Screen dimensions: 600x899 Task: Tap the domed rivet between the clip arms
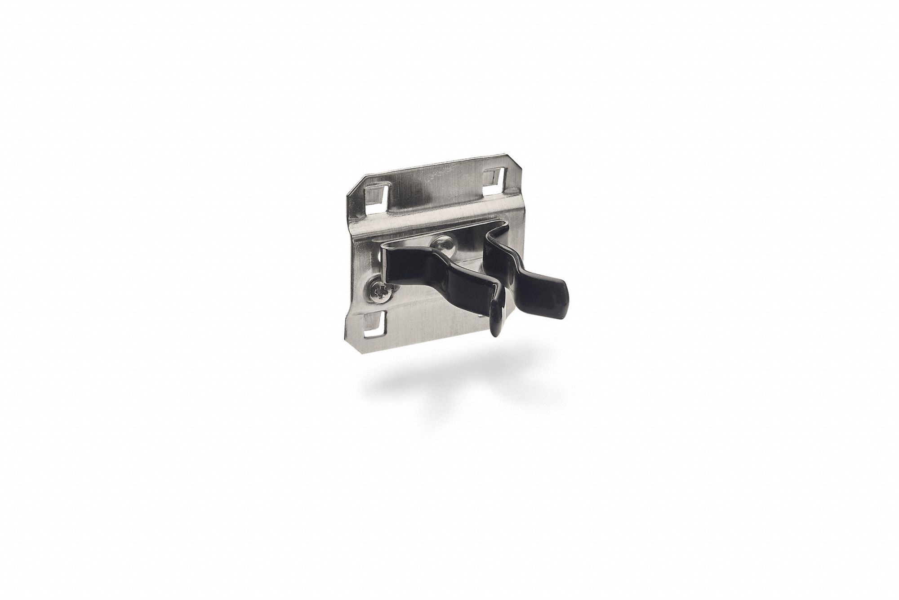click(443, 244)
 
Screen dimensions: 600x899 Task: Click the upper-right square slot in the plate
click(493, 179)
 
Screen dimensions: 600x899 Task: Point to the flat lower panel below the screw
click(418, 315)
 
